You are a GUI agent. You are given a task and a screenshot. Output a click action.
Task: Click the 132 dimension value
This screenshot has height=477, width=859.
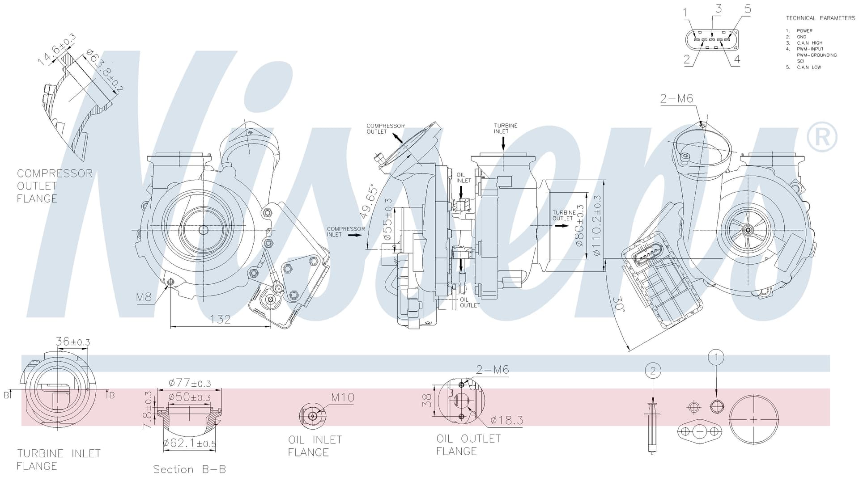point(221,319)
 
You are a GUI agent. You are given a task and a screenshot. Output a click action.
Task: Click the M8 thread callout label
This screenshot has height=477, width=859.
point(144,297)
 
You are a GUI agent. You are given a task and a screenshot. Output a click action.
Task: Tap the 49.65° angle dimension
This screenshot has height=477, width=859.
point(370,201)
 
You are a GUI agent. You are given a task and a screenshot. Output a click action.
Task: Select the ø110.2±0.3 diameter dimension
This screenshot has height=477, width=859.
point(597,225)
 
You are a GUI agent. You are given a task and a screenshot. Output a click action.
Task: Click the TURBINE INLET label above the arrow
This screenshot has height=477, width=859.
point(506,128)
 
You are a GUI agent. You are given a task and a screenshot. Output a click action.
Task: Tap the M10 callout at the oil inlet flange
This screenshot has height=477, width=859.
point(343,397)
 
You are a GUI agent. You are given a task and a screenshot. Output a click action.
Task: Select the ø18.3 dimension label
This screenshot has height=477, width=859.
point(506,420)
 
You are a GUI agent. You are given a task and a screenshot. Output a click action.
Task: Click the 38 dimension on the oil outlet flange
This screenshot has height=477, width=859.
point(428,400)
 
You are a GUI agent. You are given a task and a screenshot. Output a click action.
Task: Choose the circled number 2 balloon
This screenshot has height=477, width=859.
point(653,370)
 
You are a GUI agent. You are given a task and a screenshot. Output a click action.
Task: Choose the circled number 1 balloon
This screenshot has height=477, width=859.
point(716,357)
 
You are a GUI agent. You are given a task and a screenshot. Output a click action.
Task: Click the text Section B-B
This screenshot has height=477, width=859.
point(190,469)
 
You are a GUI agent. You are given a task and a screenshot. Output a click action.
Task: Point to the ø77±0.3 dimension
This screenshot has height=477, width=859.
point(190,383)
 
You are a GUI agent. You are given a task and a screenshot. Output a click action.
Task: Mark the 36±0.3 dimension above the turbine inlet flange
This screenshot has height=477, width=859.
point(73,342)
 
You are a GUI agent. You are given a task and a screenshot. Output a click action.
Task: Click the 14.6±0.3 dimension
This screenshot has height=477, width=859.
point(56,50)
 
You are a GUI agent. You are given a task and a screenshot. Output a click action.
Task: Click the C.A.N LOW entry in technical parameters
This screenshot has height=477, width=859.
point(809,68)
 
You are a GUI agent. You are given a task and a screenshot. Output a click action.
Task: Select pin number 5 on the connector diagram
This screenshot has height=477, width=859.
point(748,8)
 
